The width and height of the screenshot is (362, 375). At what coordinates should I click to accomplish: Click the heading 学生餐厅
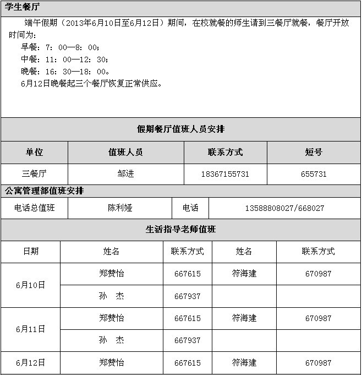pyautogui.click(x=23, y=7)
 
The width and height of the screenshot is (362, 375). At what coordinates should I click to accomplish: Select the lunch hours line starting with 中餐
pyautogui.click(x=64, y=59)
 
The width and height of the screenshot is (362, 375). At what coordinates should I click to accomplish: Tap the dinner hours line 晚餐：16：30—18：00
pyautogui.click(x=65, y=72)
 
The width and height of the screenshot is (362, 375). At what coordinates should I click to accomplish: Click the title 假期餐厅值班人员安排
pyautogui.click(x=180, y=129)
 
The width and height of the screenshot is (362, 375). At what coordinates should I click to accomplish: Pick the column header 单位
pyautogui.click(x=34, y=153)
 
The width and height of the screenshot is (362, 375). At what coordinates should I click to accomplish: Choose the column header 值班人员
pyautogui.click(x=125, y=153)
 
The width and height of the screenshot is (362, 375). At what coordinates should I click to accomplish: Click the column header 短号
pyautogui.click(x=314, y=153)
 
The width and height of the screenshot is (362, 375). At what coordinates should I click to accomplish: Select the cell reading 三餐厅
pyautogui.click(x=34, y=174)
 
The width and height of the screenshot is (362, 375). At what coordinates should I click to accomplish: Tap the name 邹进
pyautogui.click(x=125, y=174)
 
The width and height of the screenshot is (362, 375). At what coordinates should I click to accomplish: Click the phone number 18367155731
pyautogui.click(x=225, y=174)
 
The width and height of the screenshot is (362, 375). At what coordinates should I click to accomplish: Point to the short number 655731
pyautogui.click(x=314, y=174)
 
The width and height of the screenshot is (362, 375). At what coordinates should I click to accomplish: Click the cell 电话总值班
pyautogui.click(x=35, y=208)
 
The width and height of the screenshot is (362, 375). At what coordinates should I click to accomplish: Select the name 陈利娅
pyautogui.click(x=120, y=208)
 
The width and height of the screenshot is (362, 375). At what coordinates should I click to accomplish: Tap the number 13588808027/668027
pyautogui.click(x=284, y=208)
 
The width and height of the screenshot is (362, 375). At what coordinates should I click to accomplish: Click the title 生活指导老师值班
pyautogui.click(x=180, y=230)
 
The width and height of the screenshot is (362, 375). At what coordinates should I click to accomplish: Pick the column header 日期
pyautogui.click(x=30, y=252)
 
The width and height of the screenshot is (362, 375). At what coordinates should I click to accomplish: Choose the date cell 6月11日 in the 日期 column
pyautogui.click(x=30, y=329)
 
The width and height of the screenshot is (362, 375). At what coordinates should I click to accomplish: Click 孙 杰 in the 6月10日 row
pyautogui.click(x=111, y=296)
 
